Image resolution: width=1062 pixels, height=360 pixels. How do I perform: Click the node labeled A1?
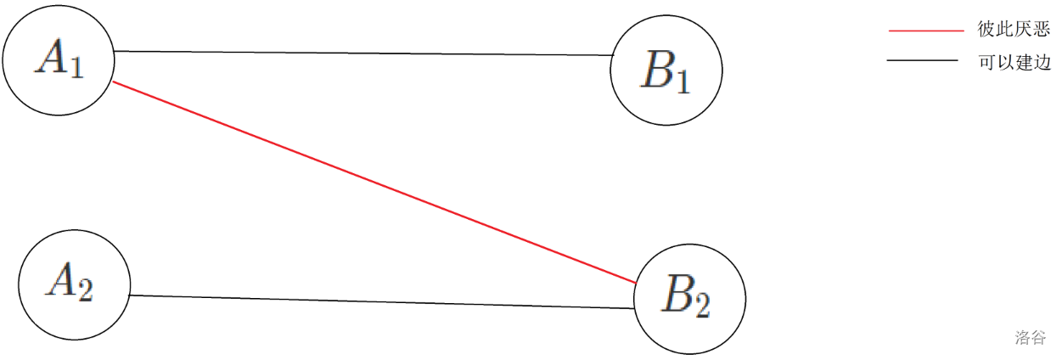[x=58, y=60]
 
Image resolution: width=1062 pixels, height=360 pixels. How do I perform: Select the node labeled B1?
[x=666, y=70]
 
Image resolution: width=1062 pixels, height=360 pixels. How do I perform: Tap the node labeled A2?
[x=74, y=283]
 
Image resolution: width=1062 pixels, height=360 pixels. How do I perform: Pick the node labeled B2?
[x=689, y=297]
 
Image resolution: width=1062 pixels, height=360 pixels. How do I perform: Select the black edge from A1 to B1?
[x=365, y=53]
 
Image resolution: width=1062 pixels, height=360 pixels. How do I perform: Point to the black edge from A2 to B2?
[x=382, y=301]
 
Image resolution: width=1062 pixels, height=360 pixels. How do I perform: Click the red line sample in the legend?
[x=926, y=30]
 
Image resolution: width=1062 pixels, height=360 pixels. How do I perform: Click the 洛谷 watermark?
[x=1031, y=337]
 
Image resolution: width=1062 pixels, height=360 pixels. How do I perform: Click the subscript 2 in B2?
[x=703, y=306]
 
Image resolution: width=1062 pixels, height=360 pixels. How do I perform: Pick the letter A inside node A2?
[x=62, y=279]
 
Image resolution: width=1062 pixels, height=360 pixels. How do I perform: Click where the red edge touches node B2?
[x=637, y=282]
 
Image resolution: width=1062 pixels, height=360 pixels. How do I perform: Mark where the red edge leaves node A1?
[x=113, y=82]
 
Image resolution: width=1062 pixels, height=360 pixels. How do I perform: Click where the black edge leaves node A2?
[x=129, y=295]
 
